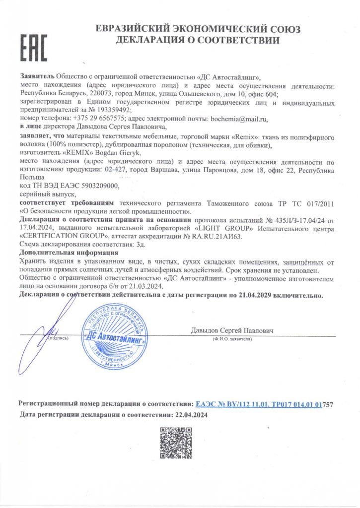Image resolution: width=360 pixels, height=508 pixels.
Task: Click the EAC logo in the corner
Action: pos(33,48)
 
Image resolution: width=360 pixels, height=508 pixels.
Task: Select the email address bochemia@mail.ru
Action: pos(239,119)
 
